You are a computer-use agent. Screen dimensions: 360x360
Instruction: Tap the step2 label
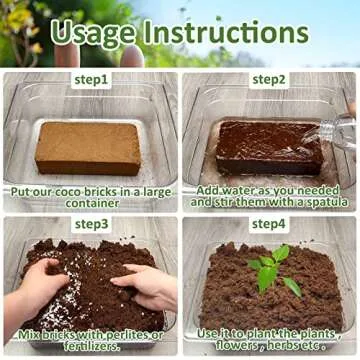267,79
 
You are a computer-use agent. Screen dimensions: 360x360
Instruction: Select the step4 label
267,224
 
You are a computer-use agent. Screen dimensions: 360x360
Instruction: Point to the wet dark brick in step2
265,144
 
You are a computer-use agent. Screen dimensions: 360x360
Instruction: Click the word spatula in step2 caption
317,202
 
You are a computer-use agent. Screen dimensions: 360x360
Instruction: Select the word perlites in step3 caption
129,333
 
